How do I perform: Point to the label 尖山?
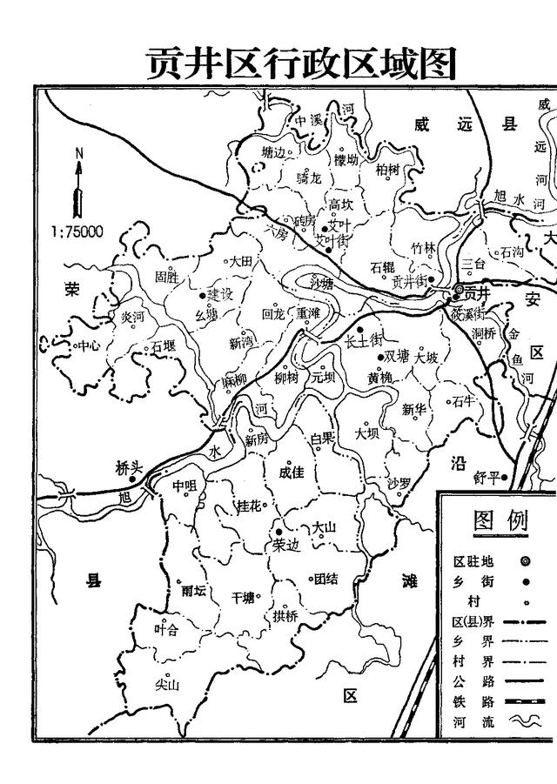(x=166, y=685)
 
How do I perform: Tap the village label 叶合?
(x=165, y=629)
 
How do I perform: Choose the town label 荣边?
(x=285, y=545)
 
